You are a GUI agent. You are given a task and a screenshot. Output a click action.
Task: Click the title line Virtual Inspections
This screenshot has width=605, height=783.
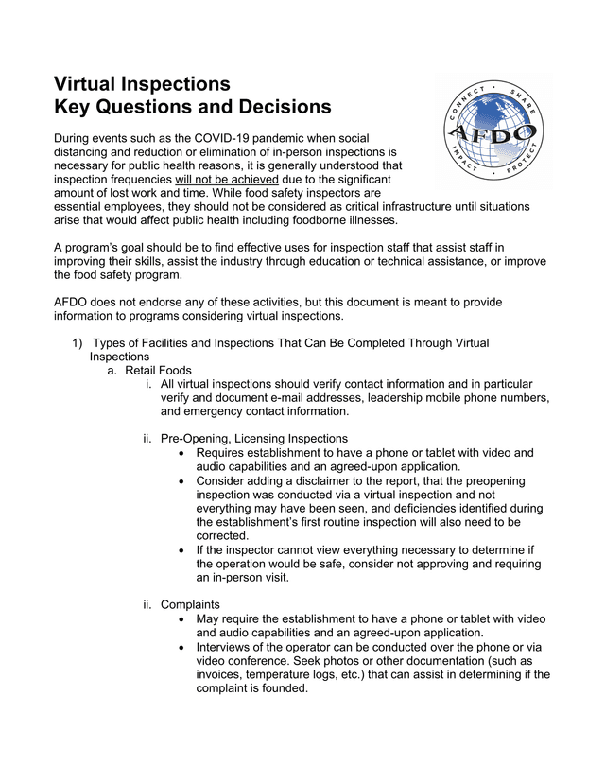(x=142, y=83)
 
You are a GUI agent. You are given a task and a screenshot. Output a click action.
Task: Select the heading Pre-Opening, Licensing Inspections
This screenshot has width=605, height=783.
(x=253, y=439)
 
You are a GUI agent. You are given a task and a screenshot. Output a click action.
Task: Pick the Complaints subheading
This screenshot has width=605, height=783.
(x=190, y=604)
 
